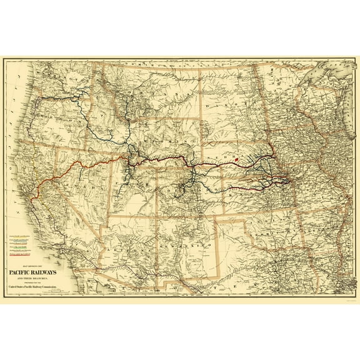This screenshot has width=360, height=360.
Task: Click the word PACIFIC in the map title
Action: (26, 273)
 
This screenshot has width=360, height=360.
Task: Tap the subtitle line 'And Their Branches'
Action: (40, 279)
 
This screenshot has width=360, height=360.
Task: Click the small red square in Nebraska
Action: (237, 159)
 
